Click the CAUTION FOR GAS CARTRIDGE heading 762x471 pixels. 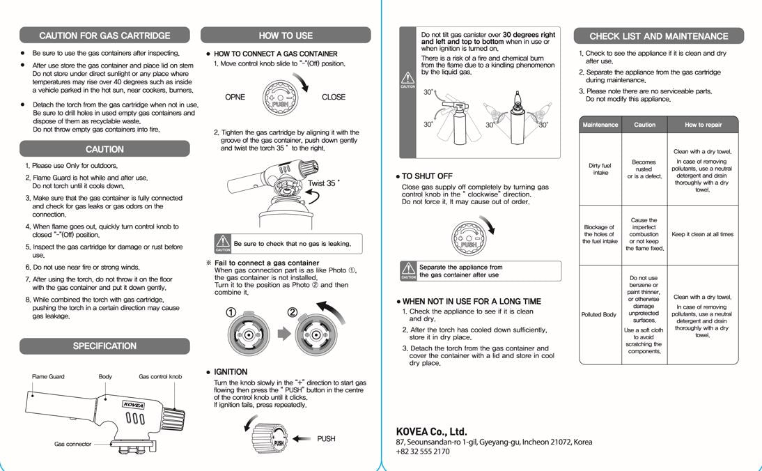click(x=104, y=36)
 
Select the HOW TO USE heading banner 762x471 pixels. click(x=286, y=36)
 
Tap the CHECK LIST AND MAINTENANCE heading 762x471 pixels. click(x=658, y=36)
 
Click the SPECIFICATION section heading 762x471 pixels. click(x=104, y=346)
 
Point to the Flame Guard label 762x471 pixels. click(x=48, y=377)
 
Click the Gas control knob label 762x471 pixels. click(x=160, y=377)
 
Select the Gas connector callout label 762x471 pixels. click(x=72, y=444)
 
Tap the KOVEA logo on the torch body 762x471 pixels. click(x=133, y=404)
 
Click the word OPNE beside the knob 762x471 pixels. click(x=235, y=98)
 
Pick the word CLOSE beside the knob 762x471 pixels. click(x=334, y=98)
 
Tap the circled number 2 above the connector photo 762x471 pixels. click(x=293, y=311)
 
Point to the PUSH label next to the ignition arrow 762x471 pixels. click(x=326, y=439)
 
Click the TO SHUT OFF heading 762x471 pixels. click(x=426, y=177)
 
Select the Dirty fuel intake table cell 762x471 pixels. click(x=600, y=169)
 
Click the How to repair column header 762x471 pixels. click(x=703, y=125)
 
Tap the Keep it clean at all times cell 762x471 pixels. click(x=702, y=235)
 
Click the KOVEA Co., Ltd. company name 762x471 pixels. click(x=431, y=431)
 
